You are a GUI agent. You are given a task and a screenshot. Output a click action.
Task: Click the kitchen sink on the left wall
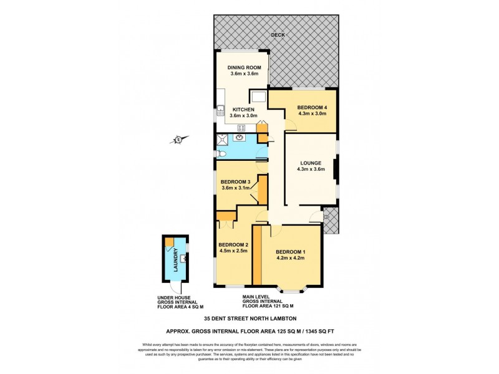click(220, 112)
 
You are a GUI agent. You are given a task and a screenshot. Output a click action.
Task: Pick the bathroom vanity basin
click(239, 138)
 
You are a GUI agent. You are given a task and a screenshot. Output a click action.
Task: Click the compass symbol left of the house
click(178, 140)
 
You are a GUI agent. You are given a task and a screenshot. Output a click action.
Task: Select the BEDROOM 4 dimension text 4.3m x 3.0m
click(312, 113)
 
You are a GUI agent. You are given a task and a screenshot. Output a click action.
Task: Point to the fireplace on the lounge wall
click(336, 170)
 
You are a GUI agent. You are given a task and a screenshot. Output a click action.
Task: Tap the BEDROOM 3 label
click(235, 182)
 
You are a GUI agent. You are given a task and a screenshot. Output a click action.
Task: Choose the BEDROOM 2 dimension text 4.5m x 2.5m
click(233, 251)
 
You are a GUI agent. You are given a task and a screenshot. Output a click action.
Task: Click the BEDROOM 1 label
click(290, 251)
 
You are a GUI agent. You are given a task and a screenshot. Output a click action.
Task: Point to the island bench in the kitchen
click(258, 96)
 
